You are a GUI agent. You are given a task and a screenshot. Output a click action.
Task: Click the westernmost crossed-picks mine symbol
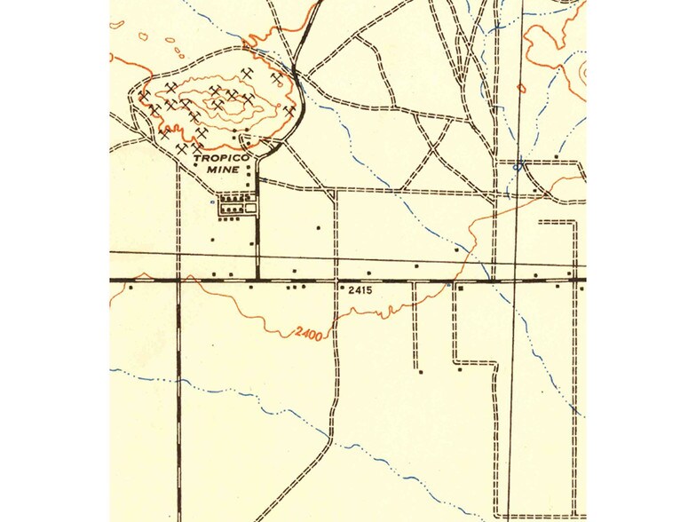pos(144,92)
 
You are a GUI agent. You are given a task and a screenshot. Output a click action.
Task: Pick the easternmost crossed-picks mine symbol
pos(289,110)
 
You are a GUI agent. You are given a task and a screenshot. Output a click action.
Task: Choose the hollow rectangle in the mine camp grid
pos(251,208)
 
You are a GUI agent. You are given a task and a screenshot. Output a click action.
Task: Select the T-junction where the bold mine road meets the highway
pos(257,280)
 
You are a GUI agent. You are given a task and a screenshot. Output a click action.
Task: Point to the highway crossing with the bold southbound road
pos(179,280)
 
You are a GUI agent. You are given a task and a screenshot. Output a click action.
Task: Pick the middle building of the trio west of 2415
pos(297,287)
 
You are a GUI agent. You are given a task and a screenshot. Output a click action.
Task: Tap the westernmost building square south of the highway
pos(131,287)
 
